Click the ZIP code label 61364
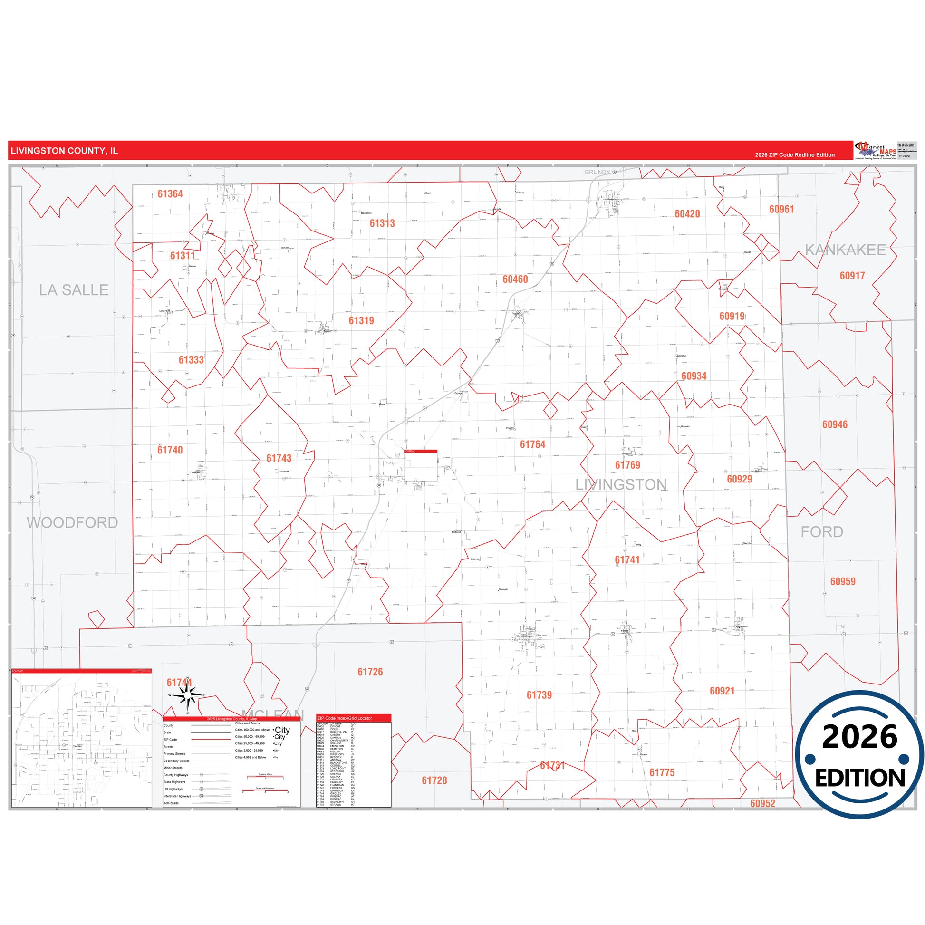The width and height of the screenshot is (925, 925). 170,194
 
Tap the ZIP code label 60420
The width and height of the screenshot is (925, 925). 687,214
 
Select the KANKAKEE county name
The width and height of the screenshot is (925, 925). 845,250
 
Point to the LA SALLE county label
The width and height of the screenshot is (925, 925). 74,289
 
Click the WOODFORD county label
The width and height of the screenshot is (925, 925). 72,522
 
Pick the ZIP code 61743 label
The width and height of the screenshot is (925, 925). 279,458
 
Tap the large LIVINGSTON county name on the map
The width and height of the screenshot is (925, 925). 620,484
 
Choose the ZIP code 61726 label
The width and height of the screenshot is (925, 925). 370,672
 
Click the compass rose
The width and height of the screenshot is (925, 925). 188,696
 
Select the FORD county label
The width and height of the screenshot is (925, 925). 821,531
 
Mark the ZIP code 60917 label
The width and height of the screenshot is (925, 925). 852,276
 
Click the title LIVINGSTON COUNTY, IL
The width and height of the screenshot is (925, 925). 64,151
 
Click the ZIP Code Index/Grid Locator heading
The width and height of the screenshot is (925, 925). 344,718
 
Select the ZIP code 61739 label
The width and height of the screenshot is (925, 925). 539,695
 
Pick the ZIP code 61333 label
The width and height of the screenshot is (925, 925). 191,359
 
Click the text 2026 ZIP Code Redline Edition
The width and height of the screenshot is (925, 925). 795,155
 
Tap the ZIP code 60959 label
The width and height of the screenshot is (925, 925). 843,581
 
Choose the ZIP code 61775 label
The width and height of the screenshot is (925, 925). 662,772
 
